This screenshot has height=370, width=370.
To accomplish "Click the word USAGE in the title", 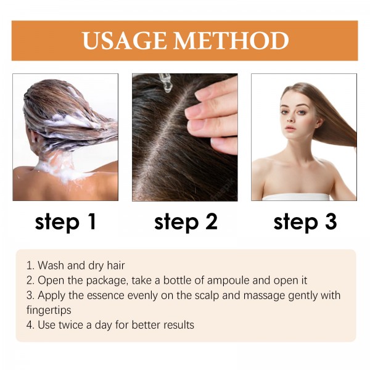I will (x=125, y=41).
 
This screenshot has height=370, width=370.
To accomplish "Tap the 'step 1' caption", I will (x=65, y=222).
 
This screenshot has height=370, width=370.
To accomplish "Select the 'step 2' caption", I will (x=185, y=222).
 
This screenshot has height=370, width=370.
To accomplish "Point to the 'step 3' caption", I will (x=305, y=222).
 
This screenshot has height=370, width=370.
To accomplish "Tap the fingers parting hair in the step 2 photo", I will (x=213, y=114).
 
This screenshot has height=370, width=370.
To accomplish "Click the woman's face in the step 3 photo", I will (x=295, y=114).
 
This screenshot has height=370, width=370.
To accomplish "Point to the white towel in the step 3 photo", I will (x=296, y=197).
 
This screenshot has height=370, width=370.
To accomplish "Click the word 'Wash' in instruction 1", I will (x=51, y=266).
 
